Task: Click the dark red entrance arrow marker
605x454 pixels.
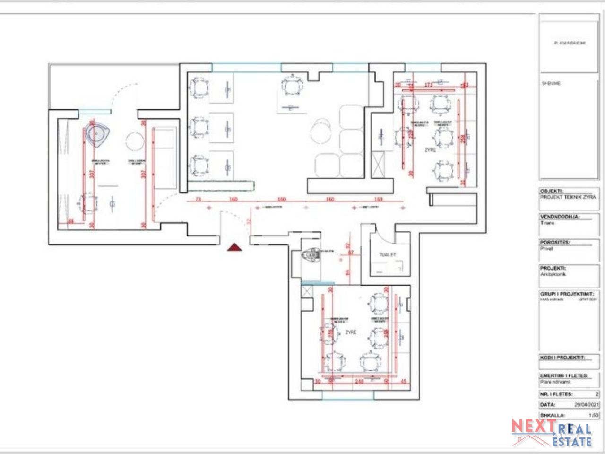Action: coord(234,247)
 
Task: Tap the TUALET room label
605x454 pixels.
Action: coord(388,254)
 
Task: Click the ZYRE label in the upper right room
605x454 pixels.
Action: coord(430,150)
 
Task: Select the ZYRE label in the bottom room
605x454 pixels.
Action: coord(350,332)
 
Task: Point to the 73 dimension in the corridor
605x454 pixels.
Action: coord(198,199)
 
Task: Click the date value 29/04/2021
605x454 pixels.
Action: coord(587,405)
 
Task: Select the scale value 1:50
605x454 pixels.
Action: coord(593,415)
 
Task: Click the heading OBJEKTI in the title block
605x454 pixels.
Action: coord(551,191)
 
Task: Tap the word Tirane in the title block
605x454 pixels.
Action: coord(547,223)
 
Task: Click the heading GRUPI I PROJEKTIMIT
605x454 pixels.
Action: coord(567,294)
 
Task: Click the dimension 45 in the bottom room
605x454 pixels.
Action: coord(403,381)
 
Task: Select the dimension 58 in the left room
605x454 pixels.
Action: coord(71,221)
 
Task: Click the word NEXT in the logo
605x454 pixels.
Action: coord(534,426)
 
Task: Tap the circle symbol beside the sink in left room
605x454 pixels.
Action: coord(135,140)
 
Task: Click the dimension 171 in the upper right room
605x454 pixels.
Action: coord(428,85)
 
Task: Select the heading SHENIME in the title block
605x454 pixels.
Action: coord(551,83)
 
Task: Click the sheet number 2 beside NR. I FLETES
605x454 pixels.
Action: coord(596,394)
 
